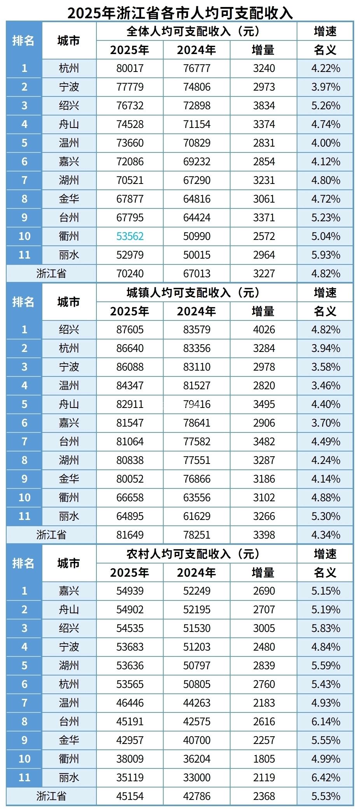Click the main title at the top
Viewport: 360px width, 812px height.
coord(180,12)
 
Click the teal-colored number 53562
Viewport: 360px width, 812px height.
coord(130,236)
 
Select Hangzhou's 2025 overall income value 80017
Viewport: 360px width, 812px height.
coord(130,68)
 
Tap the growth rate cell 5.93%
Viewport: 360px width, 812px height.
coord(325,255)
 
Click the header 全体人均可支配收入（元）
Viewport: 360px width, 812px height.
coord(193,31)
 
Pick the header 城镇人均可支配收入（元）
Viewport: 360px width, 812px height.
coord(193,292)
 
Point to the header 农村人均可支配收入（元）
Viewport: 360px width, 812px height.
coord(193,554)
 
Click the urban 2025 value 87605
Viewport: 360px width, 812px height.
coord(130,330)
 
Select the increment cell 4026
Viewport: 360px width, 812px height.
coord(264,330)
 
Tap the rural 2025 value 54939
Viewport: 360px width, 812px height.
coord(130,591)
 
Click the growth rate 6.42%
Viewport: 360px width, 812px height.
coord(325,777)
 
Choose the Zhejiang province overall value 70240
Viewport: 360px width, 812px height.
coord(130,273)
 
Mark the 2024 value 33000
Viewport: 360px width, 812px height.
coord(197,777)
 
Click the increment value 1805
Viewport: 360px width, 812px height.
coord(264,759)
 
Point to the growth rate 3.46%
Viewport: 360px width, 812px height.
coord(325,385)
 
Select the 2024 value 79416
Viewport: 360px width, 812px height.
coord(197,404)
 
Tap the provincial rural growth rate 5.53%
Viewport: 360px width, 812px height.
coord(325,796)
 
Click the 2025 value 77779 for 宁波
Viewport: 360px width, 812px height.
coord(130,87)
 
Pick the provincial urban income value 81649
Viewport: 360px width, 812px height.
coord(130,535)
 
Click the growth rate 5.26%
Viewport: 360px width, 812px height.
coord(325,106)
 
